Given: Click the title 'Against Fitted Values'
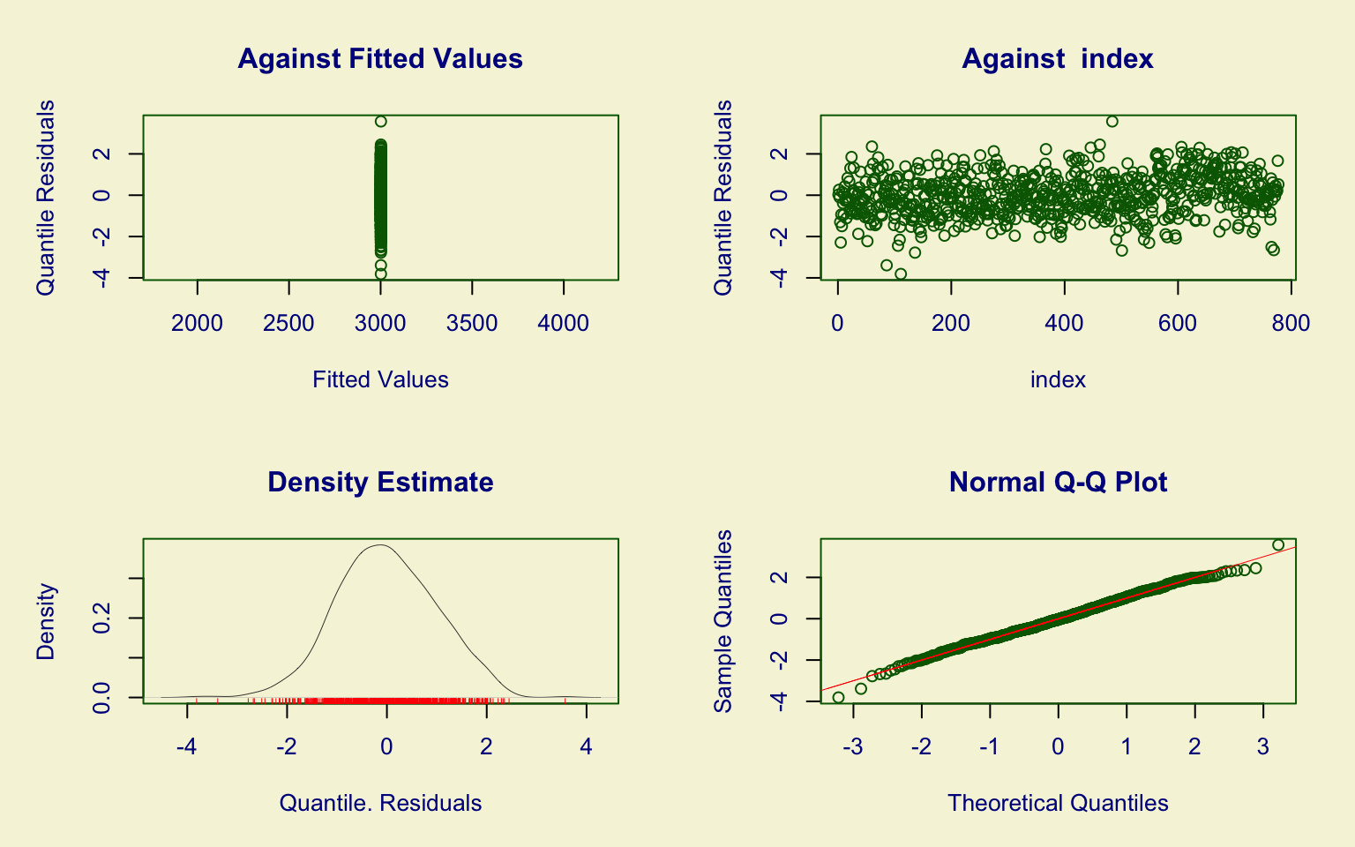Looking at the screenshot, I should (380, 59).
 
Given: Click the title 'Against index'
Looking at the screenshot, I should (1057, 59).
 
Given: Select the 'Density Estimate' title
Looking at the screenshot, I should (380, 483).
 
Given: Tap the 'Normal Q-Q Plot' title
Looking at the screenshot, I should (1058, 483).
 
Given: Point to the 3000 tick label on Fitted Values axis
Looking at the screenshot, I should (380, 324).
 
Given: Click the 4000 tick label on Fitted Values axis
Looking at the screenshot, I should (564, 324).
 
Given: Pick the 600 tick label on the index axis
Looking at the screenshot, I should (1178, 324).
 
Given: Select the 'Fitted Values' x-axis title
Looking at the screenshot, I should (380, 380).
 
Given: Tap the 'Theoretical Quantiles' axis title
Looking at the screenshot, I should (1058, 804).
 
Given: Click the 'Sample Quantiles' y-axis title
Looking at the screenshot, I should (723, 621).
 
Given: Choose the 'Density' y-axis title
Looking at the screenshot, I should (46, 621).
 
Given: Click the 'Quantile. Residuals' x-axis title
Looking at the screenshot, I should (380, 804).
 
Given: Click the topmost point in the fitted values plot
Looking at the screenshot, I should (380, 122).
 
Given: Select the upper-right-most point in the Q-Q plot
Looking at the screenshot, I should (1278, 544).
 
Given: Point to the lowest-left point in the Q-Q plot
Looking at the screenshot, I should (838, 698).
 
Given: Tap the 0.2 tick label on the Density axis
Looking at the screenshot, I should (102, 618).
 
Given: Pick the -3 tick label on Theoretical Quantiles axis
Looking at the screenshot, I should (852, 747).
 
